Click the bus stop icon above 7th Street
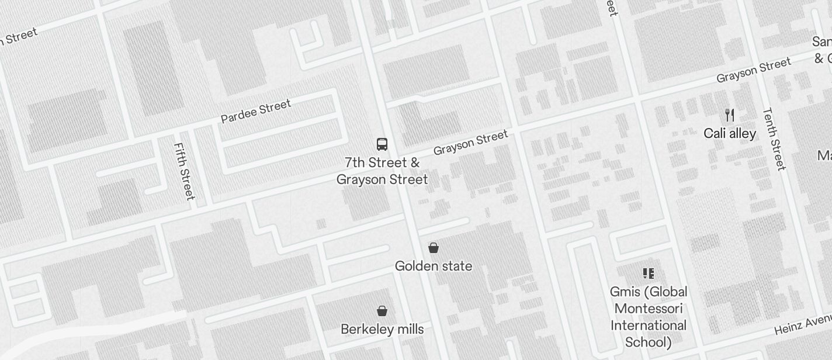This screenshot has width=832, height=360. pos(382,144)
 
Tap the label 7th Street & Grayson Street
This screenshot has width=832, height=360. pos(382,171)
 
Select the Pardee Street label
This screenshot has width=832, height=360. pos(256,112)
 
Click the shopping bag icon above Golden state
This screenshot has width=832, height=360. pos(434,248)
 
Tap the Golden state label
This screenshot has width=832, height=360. pos(434,266)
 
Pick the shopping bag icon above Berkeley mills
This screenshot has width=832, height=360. pos(382,310)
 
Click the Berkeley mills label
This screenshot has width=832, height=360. pos(382,330)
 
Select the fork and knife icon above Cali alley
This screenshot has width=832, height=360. pos(729,115)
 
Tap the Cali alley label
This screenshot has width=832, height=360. pos(730,134)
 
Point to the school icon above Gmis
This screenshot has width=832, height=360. pos(648,273)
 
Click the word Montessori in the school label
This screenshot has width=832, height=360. pos(649,309)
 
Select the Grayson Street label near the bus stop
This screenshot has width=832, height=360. pos(470,143)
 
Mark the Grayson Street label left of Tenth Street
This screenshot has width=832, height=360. pos(754,70)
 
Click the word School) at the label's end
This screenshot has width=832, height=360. pos(649,342)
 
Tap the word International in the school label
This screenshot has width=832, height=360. pos(649,326)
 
